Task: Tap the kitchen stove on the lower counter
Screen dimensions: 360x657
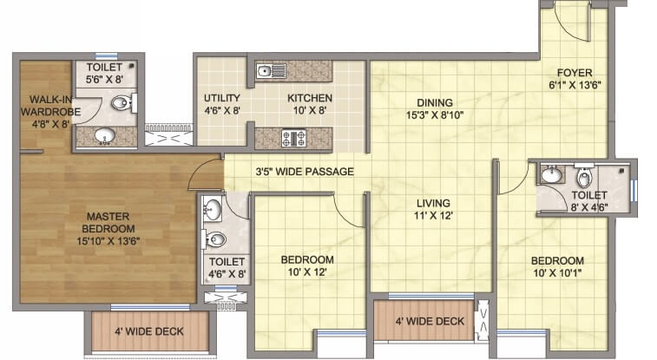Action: click(x=290, y=137)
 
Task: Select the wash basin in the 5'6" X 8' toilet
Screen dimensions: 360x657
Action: click(x=103, y=136)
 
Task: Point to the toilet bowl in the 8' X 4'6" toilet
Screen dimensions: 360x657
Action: click(x=585, y=177)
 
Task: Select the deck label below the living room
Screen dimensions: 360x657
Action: click(x=430, y=322)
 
